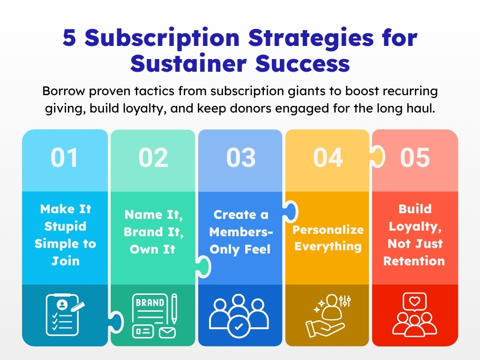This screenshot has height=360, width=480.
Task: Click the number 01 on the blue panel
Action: pyautogui.click(x=64, y=157)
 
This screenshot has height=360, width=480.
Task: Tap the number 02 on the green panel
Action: pyautogui.click(x=153, y=157)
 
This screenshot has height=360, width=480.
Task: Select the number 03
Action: pyautogui.click(x=240, y=157)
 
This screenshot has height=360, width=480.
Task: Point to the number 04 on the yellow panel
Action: pyautogui.click(x=328, y=157)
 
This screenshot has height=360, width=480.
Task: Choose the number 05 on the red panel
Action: pyautogui.click(x=415, y=157)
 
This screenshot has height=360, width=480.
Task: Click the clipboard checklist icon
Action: pyautogui.click(x=65, y=315)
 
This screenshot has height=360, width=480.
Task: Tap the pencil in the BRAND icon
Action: pyautogui.click(x=174, y=308)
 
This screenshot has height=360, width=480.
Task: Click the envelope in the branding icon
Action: pyautogui.click(x=167, y=332)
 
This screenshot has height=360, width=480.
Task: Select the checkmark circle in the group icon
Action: pyautogui.click(x=239, y=327)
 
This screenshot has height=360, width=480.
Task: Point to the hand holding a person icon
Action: pyautogui.click(x=328, y=316)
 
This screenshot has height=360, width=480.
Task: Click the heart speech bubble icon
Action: pyautogui.click(x=414, y=302)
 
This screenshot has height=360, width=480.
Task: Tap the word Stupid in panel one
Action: pyautogui.click(x=65, y=226)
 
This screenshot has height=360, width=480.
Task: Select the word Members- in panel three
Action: pyautogui.click(x=241, y=232)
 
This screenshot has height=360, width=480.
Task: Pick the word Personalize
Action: pyautogui.click(x=328, y=230)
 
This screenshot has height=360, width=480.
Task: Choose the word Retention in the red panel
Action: pyautogui.click(x=414, y=261)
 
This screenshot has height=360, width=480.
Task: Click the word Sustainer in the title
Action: pyautogui.click(x=188, y=64)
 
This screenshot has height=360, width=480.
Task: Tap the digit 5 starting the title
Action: pyautogui.click(x=69, y=37)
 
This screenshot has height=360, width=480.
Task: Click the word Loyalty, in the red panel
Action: pyautogui.click(x=415, y=227)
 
